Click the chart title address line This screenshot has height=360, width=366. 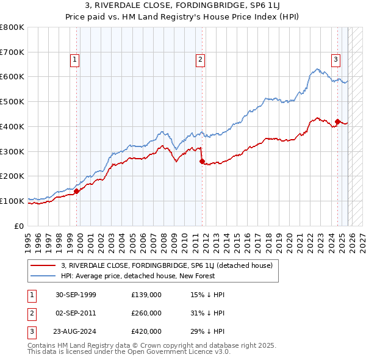182,5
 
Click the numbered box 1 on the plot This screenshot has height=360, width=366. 74,59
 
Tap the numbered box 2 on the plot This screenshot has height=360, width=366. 200,59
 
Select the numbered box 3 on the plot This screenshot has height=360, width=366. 335,59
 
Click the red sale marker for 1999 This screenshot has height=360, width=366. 77,191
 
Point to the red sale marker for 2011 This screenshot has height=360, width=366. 202,161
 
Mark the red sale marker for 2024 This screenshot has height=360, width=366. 337,121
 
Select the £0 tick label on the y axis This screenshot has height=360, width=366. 18,226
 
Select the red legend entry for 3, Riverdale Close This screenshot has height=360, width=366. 170,265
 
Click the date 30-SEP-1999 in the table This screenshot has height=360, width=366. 76,295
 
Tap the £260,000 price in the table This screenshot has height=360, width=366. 146,313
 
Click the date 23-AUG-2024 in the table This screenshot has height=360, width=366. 76,331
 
